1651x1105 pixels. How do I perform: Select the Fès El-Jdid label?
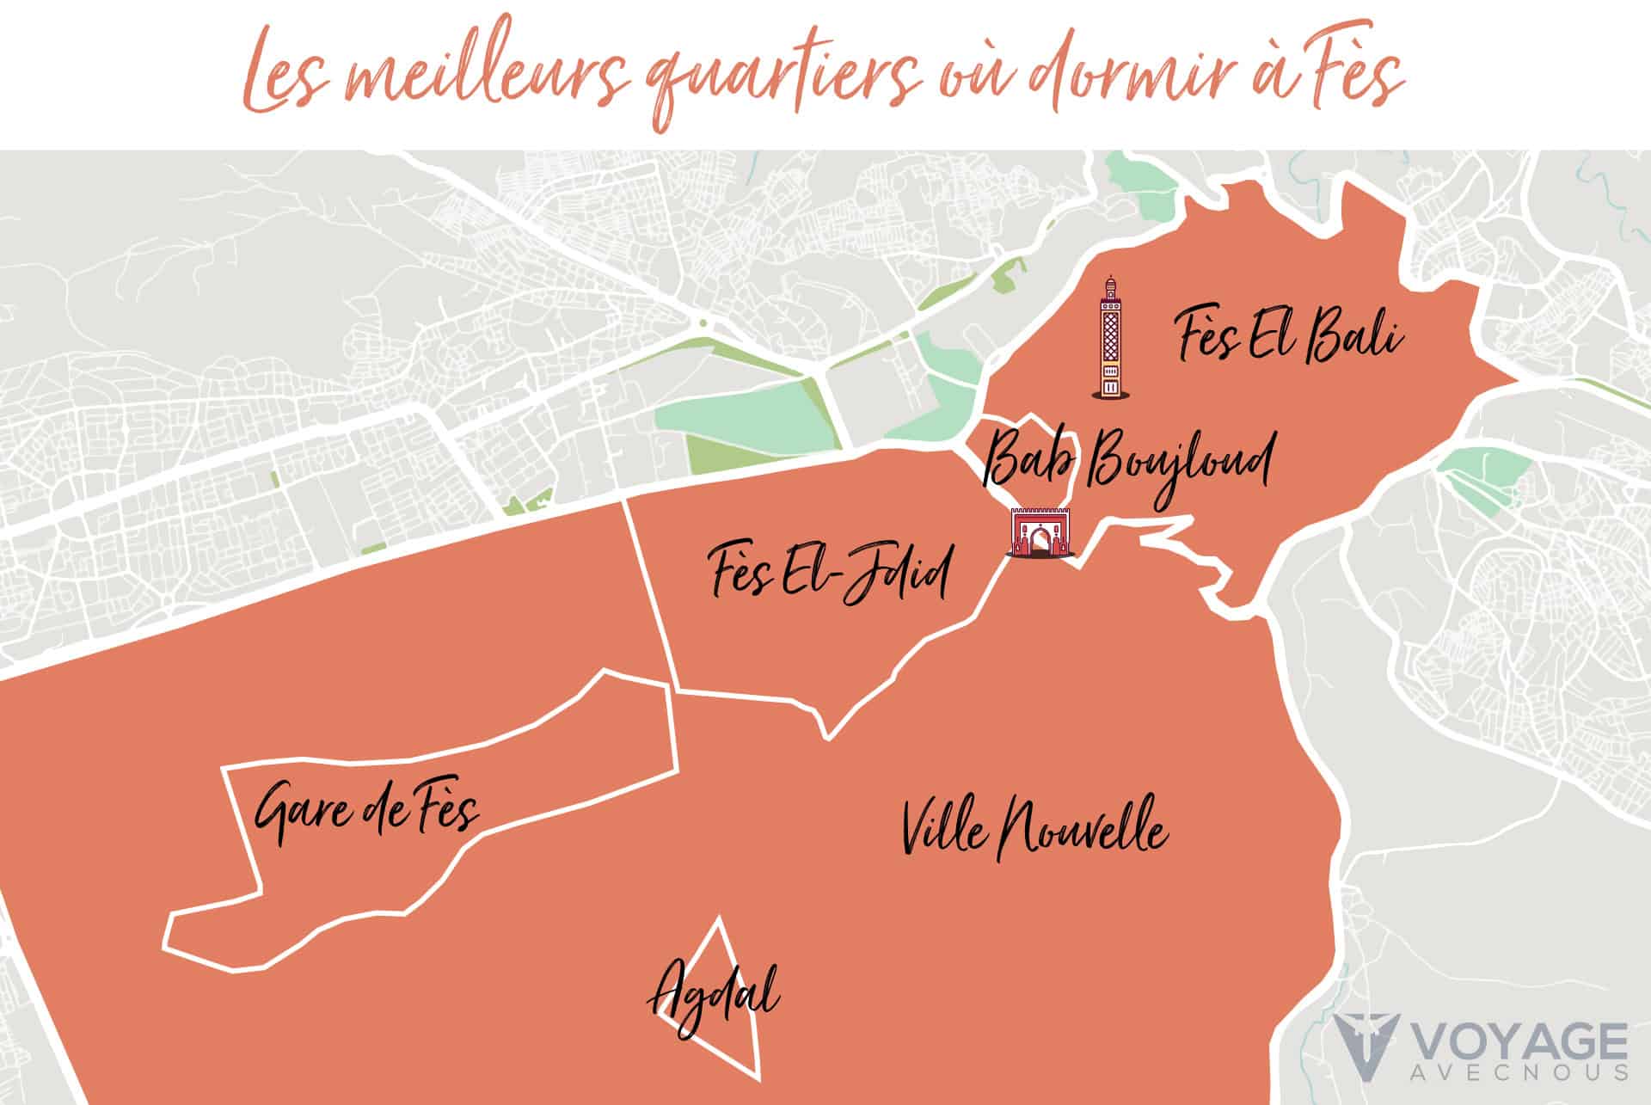click(831, 574)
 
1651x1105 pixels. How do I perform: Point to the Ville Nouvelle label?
click(1034, 828)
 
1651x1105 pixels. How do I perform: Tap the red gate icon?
click(1039, 534)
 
